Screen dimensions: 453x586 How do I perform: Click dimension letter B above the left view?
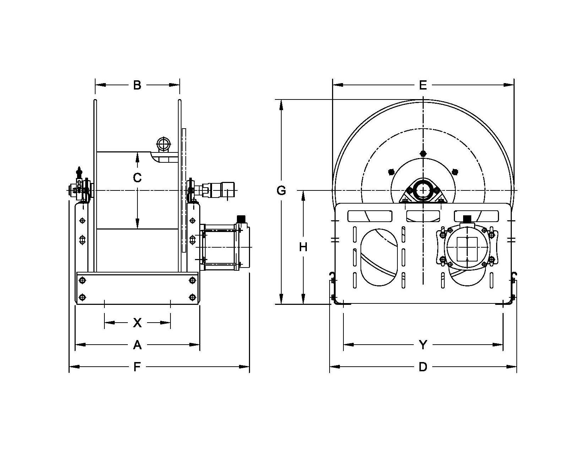(x=137, y=85)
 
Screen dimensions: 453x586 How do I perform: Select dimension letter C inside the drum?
(x=137, y=177)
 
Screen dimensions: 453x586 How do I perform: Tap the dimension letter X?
(x=137, y=323)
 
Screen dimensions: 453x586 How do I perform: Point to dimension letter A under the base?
(x=137, y=345)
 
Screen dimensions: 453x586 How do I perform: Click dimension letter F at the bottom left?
(x=137, y=367)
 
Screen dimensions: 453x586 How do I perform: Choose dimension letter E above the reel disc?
(x=423, y=85)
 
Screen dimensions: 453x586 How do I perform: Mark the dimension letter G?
(x=281, y=191)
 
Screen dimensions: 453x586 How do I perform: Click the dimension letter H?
(x=303, y=247)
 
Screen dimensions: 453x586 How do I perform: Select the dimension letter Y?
(x=423, y=345)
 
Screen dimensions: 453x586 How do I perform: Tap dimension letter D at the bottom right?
(x=423, y=367)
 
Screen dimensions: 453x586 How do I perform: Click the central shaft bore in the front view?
(x=423, y=190)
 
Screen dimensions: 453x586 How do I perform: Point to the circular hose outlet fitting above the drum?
(x=163, y=144)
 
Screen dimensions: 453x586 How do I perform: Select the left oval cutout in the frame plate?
(x=379, y=257)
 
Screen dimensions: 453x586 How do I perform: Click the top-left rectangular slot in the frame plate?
(x=370, y=216)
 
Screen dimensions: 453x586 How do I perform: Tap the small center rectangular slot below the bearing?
(x=423, y=216)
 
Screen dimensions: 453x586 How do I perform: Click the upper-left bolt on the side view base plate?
(x=82, y=281)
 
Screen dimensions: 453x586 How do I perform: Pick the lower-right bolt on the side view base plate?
(x=192, y=297)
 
